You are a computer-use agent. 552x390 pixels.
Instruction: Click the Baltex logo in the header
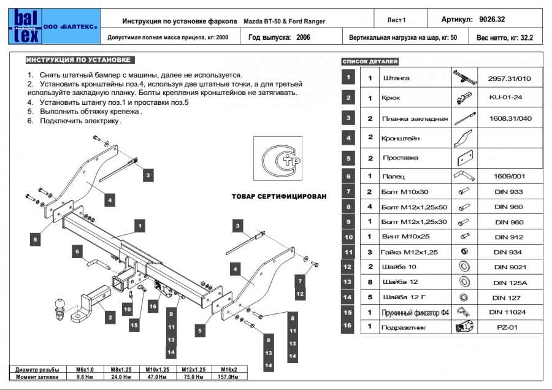(x=24, y=26)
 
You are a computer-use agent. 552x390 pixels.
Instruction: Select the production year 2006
(x=302, y=37)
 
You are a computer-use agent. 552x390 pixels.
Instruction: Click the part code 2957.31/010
(x=509, y=78)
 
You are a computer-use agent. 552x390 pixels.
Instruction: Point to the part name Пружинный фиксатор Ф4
(x=416, y=313)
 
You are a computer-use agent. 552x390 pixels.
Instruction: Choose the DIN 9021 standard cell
(x=509, y=267)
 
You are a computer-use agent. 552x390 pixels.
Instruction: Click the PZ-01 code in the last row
(x=507, y=327)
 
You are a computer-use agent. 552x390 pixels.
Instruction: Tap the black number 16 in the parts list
(x=348, y=326)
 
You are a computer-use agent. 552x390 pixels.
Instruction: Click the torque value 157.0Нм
(x=224, y=377)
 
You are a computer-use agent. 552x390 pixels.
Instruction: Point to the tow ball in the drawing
(x=62, y=305)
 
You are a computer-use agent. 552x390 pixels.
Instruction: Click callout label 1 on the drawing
(x=140, y=226)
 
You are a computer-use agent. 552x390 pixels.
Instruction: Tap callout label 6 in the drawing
(x=78, y=250)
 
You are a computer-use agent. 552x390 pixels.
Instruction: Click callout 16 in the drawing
(x=153, y=305)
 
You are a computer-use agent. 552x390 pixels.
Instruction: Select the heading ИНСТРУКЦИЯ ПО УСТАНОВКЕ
(x=78, y=60)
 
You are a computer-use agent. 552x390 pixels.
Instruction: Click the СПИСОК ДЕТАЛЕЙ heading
(x=370, y=62)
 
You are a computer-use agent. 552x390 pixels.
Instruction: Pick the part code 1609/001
(x=509, y=177)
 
